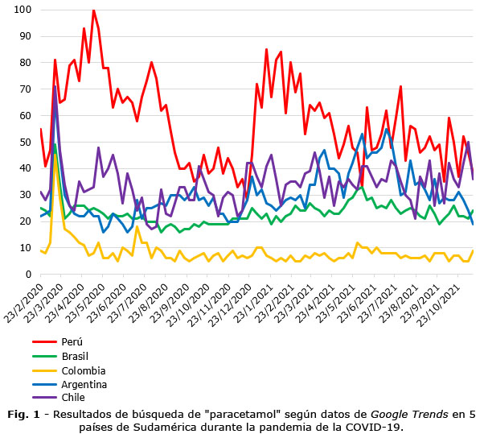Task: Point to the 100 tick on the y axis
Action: tap(23, 10)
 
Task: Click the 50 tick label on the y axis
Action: tap(25, 142)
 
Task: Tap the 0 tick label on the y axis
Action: tap(28, 275)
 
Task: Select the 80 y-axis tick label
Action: tap(25, 63)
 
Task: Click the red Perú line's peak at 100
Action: tap(93, 10)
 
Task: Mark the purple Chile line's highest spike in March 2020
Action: tap(55, 87)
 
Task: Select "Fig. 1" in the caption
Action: tap(24, 415)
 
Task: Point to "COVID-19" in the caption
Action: tap(375, 427)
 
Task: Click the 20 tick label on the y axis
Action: tap(25, 221)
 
